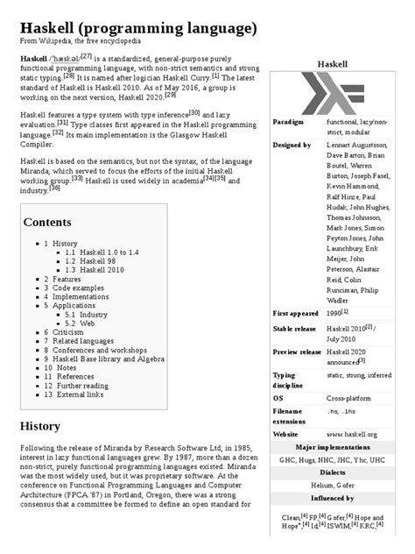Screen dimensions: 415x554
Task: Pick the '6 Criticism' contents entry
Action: click(x=65, y=333)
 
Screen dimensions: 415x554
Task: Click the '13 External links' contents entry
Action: click(x=78, y=394)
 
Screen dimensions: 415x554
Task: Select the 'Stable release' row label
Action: click(x=296, y=329)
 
